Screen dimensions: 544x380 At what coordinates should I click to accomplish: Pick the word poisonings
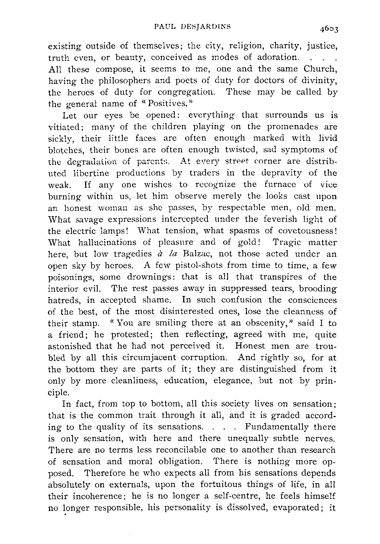tap(68, 278)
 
